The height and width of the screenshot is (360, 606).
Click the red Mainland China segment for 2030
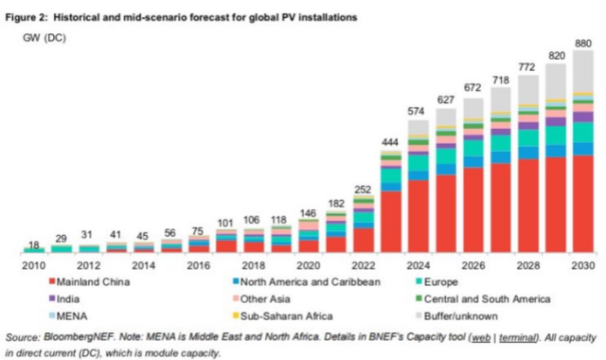click(x=583, y=204)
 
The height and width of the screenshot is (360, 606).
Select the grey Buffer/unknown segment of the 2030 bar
click(x=583, y=71)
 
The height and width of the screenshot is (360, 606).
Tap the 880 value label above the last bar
click(x=583, y=44)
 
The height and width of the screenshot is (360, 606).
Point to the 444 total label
click(x=390, y=142)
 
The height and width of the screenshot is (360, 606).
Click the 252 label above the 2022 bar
click(x=363, y=189)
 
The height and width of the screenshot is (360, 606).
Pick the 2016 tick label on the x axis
click(x=199, y=265)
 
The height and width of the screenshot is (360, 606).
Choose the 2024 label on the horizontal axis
click(x=419, y=265)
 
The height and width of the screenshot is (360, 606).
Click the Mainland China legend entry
click(x=89, y=282)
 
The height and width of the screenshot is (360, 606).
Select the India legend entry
click(x=64, y=299)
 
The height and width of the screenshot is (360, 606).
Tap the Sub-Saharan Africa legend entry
click(x=282, y=316)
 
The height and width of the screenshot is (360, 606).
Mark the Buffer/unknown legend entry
click(x=456, y=316)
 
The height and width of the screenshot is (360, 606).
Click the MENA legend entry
click(x=68, y=316)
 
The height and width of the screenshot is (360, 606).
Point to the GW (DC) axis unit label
click(x=45, y=38)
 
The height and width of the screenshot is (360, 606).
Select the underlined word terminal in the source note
click(x=517, y=338)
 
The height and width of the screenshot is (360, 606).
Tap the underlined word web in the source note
click(x=481, y=338)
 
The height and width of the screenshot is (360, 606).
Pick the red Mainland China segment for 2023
click(x=391, y=222)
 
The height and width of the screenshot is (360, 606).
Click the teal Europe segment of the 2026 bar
click(x=473, y=148)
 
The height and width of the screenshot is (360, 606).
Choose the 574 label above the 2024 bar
click(x=416, y=112)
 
